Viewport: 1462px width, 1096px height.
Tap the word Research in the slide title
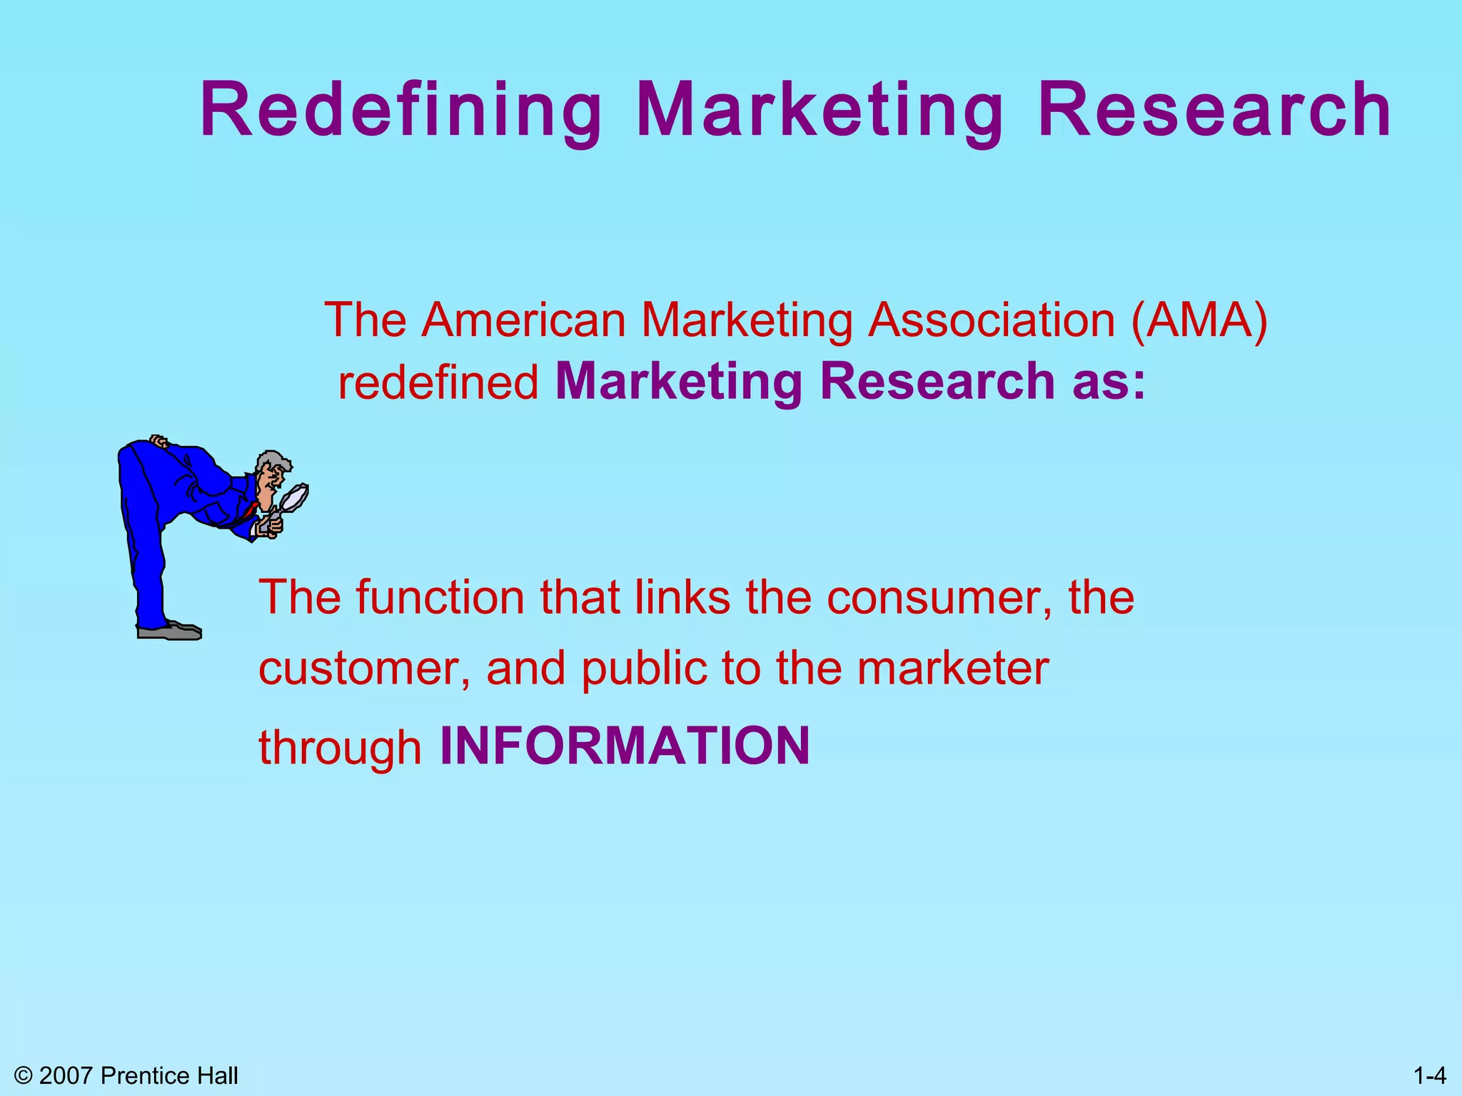click(1214, 111)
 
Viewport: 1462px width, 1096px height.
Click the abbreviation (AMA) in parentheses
click(1199, 320)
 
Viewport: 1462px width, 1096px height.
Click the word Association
click(992, 320)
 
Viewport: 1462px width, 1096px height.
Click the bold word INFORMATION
click(625, 746)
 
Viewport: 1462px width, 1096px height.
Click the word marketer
click(952, 669)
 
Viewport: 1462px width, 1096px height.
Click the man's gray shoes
click(170, 631)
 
